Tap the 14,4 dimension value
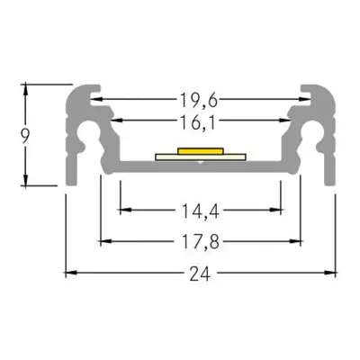pyautogui.click(x=199, y=213)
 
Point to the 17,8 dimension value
pyautogui.click(x=199, y=240)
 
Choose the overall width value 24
pyautogui.click(x=200, y=270)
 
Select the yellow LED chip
pyautogui.click(x=199, y=150)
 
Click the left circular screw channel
pyautogui.click(x=88, y=137)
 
